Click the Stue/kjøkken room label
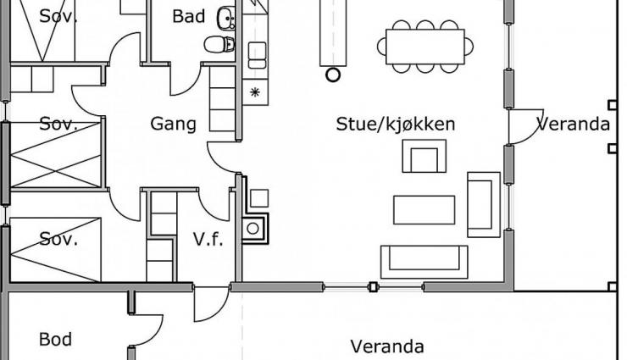coord(396,125)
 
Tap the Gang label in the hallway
coord(173,124)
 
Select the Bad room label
coord(189,16)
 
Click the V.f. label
coord(208,240)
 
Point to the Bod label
coord(56,340)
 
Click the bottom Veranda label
coord(387,346)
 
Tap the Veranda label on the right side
coord(573,125)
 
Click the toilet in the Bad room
coord(219,44)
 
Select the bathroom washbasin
coord(226,18)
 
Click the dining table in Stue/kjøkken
coord(425,47)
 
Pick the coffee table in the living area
coord(424,210)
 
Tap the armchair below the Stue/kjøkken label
coord(424,156)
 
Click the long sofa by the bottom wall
coord(424,262)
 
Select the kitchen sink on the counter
coord(257,55)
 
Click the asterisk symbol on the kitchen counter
coord(255,92)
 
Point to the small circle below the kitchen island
coord(333,75)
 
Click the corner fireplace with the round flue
coord(255,228)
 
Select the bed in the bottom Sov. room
coord(55,250)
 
